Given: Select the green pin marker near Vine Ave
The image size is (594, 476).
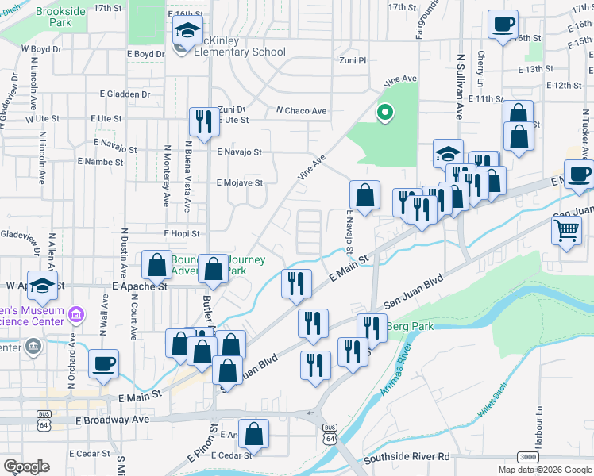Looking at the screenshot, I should (x=385, y=113).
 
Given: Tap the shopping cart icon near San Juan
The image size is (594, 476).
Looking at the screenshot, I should (x=566, y=231).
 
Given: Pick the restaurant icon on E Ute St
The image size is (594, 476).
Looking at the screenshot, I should (x=203, y=121).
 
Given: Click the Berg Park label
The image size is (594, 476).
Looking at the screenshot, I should (x=407, y=325).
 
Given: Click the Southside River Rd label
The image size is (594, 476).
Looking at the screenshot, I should (x=407, y=458).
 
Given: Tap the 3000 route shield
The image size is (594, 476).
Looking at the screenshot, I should (x=527, y=457).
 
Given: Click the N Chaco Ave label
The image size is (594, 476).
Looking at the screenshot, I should (x=302, y=111).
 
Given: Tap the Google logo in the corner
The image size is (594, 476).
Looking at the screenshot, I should (x=26, y=466).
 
